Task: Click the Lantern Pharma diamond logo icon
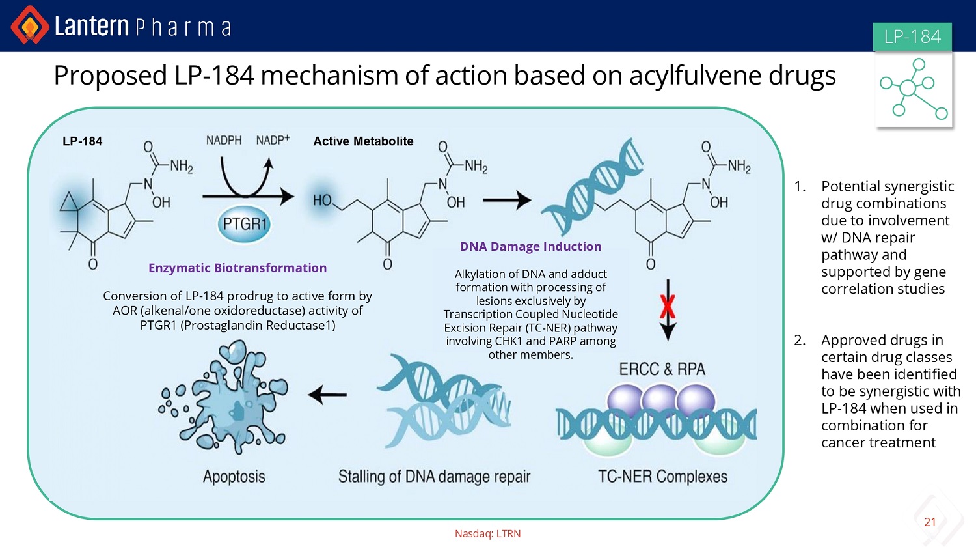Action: pos(30,25)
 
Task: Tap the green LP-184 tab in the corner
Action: pos(912,36)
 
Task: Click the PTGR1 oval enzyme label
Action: pos(244,224)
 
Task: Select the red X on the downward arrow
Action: pos(668,307)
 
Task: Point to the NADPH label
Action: pos(224,141)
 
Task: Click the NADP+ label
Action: pos(273,140)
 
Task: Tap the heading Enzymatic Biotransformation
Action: pos(237,268)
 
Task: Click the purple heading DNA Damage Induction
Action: pos(531,246)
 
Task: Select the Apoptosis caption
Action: pos(234,477)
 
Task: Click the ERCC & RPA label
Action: pos(662,369)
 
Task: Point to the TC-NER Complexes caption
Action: pos(663,476)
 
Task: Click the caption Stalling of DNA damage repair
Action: pos(435,477)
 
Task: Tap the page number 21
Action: pos(930,522)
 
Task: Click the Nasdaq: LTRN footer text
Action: pos(487,534)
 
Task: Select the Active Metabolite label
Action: pos(363,141)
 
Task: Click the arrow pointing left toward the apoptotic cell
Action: pos(327,395)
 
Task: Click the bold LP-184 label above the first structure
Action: pos(83,141)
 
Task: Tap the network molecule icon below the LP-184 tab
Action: pos(914,89)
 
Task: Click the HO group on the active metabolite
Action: pos(322,201)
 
